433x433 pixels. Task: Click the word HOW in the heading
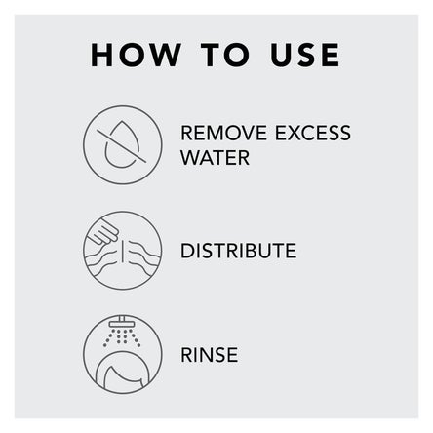coord(136,55)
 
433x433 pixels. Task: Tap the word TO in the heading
coord(225,55)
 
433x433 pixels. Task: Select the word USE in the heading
coord(305,55)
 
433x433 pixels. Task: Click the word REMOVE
coord(223,133)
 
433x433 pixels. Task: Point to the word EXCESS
coord(313,133)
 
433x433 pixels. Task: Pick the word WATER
coord(215,158)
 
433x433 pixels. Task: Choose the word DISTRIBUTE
coord(239,251)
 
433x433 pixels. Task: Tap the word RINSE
coord(210,355)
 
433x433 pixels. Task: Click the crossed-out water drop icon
coord(123,145)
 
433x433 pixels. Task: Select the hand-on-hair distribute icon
coord(123,251)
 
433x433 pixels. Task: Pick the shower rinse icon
coord(123,355)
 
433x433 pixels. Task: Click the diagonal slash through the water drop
coord(122,145)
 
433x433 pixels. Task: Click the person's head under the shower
coord(124,374)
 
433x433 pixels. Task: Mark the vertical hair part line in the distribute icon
coord(123,251)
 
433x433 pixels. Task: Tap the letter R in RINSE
coord(186,355)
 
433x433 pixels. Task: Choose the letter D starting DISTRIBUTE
coord(187,251)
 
